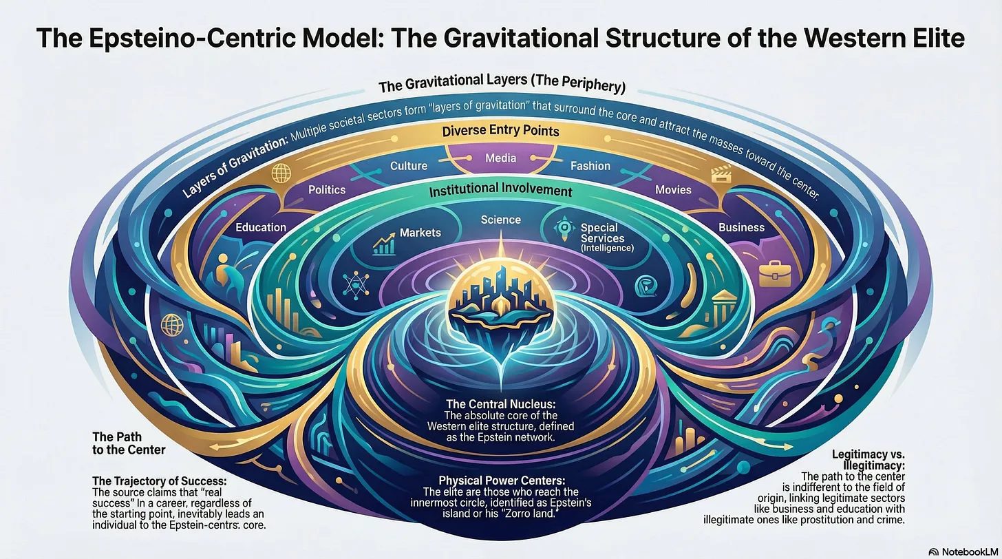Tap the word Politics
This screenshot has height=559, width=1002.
(327, 189)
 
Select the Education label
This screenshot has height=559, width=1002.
(261, 227)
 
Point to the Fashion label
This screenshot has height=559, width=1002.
(590, 166)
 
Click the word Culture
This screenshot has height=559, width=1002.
(409, 166)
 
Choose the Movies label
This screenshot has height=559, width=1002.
(673, 189)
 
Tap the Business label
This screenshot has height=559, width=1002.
(741, 227)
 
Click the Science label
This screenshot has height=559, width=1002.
(500, 220)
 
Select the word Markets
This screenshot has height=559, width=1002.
(420, 233)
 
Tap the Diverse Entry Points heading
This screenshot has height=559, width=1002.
(500, 130)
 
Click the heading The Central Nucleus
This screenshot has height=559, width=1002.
(500, 403)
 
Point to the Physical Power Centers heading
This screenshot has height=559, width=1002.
(500, 479)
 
